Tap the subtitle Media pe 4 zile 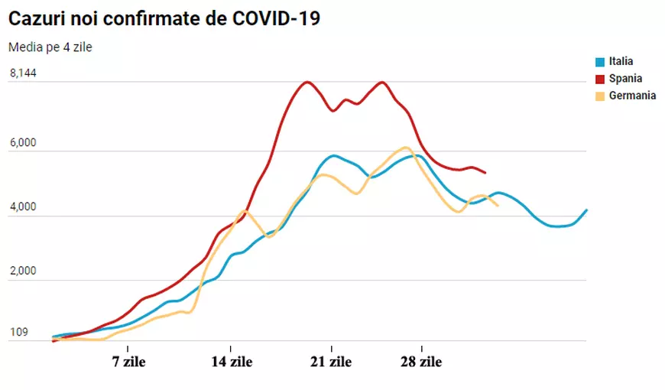coord(50,47)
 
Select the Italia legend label coord(621,62)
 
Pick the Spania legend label coord(625,79)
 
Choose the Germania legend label coord(632,96)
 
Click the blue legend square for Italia coord(601,62)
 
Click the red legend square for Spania coord(601,79)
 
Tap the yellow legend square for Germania coord(601,96)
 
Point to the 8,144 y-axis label coord(23,73)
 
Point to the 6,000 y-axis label coord(23,143)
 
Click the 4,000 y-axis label coord(23,207)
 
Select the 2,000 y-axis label coord(23,271)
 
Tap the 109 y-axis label coord(19,333)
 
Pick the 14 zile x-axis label coord(232,362)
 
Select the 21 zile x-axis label coord(331,362)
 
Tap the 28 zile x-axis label coord(420,362)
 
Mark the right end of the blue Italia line coord(586,210)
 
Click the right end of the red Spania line coord(485,172)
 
